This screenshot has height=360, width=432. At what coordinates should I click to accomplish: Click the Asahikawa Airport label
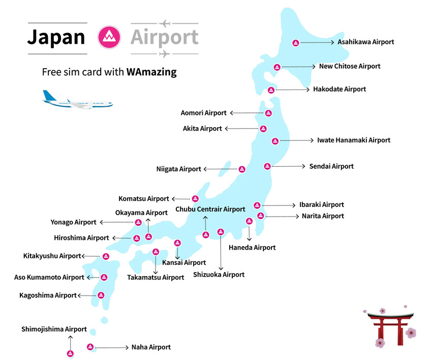pos(365,42)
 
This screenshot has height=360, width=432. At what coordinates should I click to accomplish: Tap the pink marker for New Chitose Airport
pos(277,67)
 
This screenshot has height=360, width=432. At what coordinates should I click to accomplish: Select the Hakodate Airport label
pos(340,89)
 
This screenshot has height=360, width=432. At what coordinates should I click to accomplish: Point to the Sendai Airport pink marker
pos(267,166)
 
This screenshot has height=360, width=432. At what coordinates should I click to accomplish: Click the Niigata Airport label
pos(178,169)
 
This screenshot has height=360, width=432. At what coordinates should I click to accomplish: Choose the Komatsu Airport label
pos(143,199)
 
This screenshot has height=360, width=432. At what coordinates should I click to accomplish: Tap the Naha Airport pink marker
pos(90,347)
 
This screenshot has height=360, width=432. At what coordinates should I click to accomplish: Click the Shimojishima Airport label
pos(54,329)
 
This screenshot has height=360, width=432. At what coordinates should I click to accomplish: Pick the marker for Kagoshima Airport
pos(101,295)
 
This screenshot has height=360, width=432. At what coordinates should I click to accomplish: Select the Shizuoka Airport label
pos(219,275)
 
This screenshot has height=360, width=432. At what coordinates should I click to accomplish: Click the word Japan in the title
pos(56,37)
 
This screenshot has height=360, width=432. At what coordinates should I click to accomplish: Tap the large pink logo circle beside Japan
pos(108,37)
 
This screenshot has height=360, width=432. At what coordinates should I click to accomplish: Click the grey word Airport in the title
pos(164,37)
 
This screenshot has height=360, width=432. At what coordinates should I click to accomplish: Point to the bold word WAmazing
pos(151,72)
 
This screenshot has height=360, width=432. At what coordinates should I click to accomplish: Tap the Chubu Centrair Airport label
pos(210,209)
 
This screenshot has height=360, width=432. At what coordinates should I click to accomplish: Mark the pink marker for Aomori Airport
pos(269,113)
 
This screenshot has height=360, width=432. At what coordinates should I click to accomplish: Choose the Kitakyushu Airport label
pos(52,256)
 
